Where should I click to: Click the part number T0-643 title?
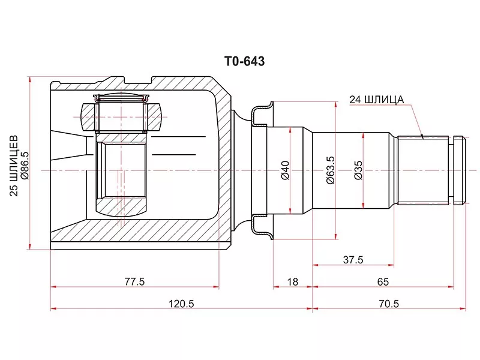(245, 62)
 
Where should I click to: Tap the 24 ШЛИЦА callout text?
(377, 100)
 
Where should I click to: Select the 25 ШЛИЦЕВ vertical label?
(14, 166)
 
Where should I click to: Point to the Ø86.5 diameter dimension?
(25, 166)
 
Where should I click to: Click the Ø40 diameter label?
(285, 170)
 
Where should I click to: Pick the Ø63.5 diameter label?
(331, 170)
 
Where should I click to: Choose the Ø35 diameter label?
(358, 170)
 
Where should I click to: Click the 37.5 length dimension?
(353, 260)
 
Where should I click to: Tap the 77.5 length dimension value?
(134, 281)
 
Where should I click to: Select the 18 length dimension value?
(293, 281)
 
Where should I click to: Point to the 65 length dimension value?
(383, 281)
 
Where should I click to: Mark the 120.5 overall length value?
(182, 304)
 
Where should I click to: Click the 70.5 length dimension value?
(389, 304)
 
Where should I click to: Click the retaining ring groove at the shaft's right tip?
(451, 170)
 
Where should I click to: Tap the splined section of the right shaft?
(423, 170)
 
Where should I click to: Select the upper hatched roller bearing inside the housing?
(121, 116)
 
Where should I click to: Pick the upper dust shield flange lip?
(262, 113)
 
